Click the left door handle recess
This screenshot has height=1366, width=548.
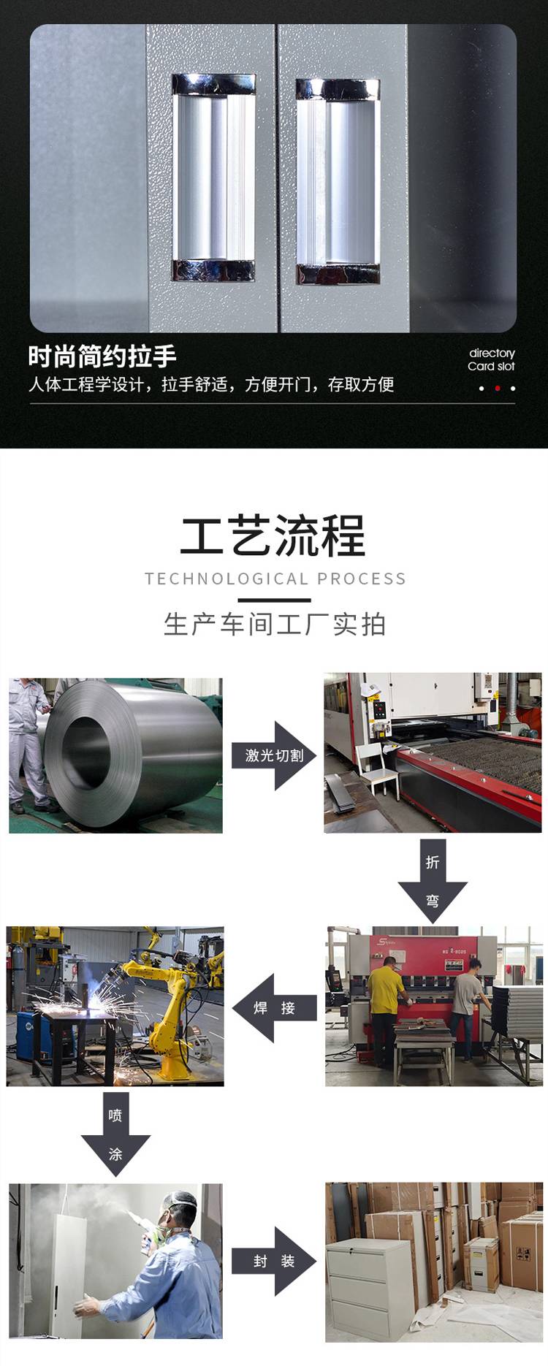[x=213, y=178]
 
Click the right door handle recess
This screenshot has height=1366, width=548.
[x=338, y=181]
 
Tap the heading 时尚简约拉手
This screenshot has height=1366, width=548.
[x=102, y=356]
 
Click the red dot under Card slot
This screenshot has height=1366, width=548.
[x=498, y=388]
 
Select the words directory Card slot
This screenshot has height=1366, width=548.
[x=492, y=359]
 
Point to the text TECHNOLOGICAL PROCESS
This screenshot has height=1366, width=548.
[x=275, y=579]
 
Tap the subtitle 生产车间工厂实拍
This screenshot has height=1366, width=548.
[x=275, y=625]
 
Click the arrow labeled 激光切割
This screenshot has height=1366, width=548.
[x=274, y=755]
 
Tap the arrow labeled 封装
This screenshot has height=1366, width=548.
[x=274, y=1261]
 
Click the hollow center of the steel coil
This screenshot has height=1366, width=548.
[x=86, y=752]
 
